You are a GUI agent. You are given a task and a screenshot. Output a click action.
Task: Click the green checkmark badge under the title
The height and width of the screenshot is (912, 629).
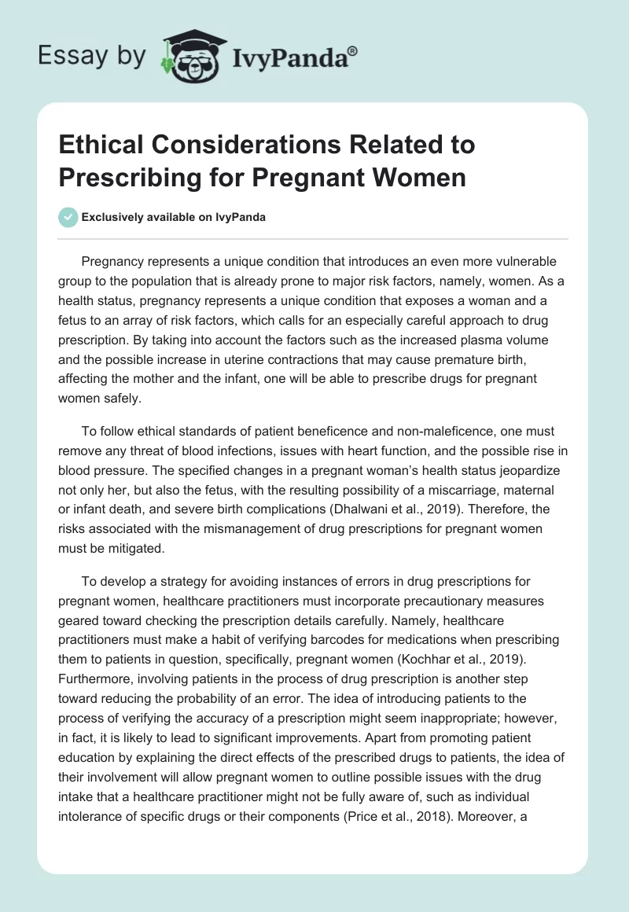pyautogui.click(x=68, y=217)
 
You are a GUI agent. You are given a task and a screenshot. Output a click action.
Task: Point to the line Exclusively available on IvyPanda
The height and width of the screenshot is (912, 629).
pyautogui.click(x=173, y=217)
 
